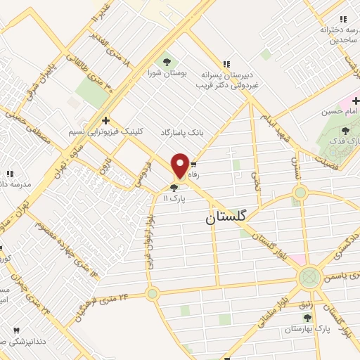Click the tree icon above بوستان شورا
point(167,58)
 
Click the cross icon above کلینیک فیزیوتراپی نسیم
point(105,120)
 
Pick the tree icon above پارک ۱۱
point(174,187)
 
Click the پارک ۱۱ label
point(174,199)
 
